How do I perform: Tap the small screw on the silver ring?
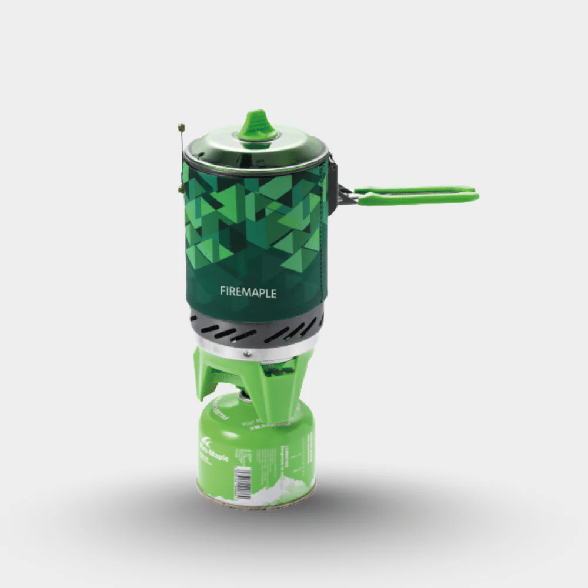[x=248, y=353]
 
